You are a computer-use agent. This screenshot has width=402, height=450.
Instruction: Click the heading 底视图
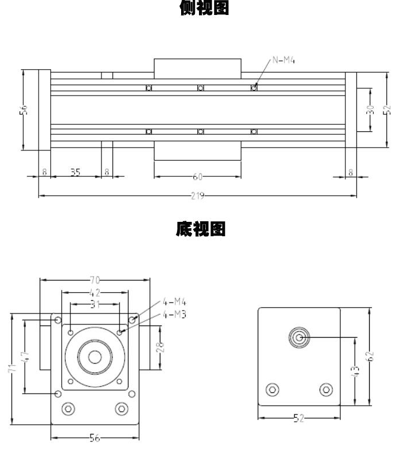201,230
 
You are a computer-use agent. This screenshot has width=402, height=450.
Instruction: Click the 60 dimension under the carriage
197,177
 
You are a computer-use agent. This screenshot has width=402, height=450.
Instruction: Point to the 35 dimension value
76,172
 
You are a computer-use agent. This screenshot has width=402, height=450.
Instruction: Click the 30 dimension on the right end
371,109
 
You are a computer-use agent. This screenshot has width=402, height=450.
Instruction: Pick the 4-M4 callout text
175,301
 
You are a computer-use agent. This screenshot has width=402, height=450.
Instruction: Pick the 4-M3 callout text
175,314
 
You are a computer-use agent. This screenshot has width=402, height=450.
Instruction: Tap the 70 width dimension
95,281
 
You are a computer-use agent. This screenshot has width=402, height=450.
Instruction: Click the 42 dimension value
95,293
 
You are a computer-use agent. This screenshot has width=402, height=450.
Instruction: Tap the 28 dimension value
160,346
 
